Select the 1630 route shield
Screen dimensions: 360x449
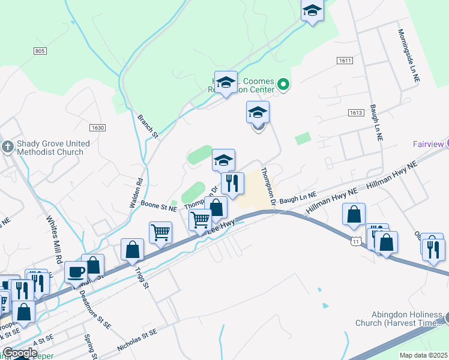[97, 128]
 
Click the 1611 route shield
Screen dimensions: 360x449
[345, 61]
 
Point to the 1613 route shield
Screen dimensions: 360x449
[356, 113]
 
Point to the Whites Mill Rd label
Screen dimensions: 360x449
[55, 236]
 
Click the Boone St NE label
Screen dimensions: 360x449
[158, 208]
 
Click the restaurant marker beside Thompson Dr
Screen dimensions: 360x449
[232, 182]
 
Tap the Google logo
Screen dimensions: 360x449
[20, 353]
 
